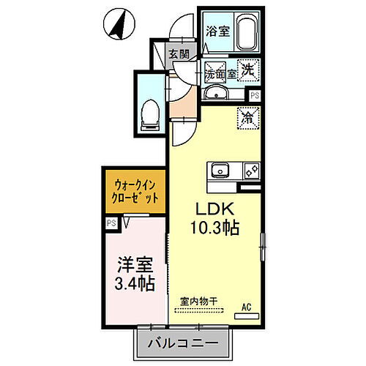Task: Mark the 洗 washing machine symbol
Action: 249,72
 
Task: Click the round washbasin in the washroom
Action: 215,94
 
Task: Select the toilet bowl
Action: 151,112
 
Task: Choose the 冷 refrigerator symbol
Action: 247,115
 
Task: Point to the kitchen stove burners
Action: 250,171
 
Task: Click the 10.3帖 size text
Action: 215,228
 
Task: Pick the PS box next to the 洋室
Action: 111,222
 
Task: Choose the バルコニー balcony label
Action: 185,343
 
